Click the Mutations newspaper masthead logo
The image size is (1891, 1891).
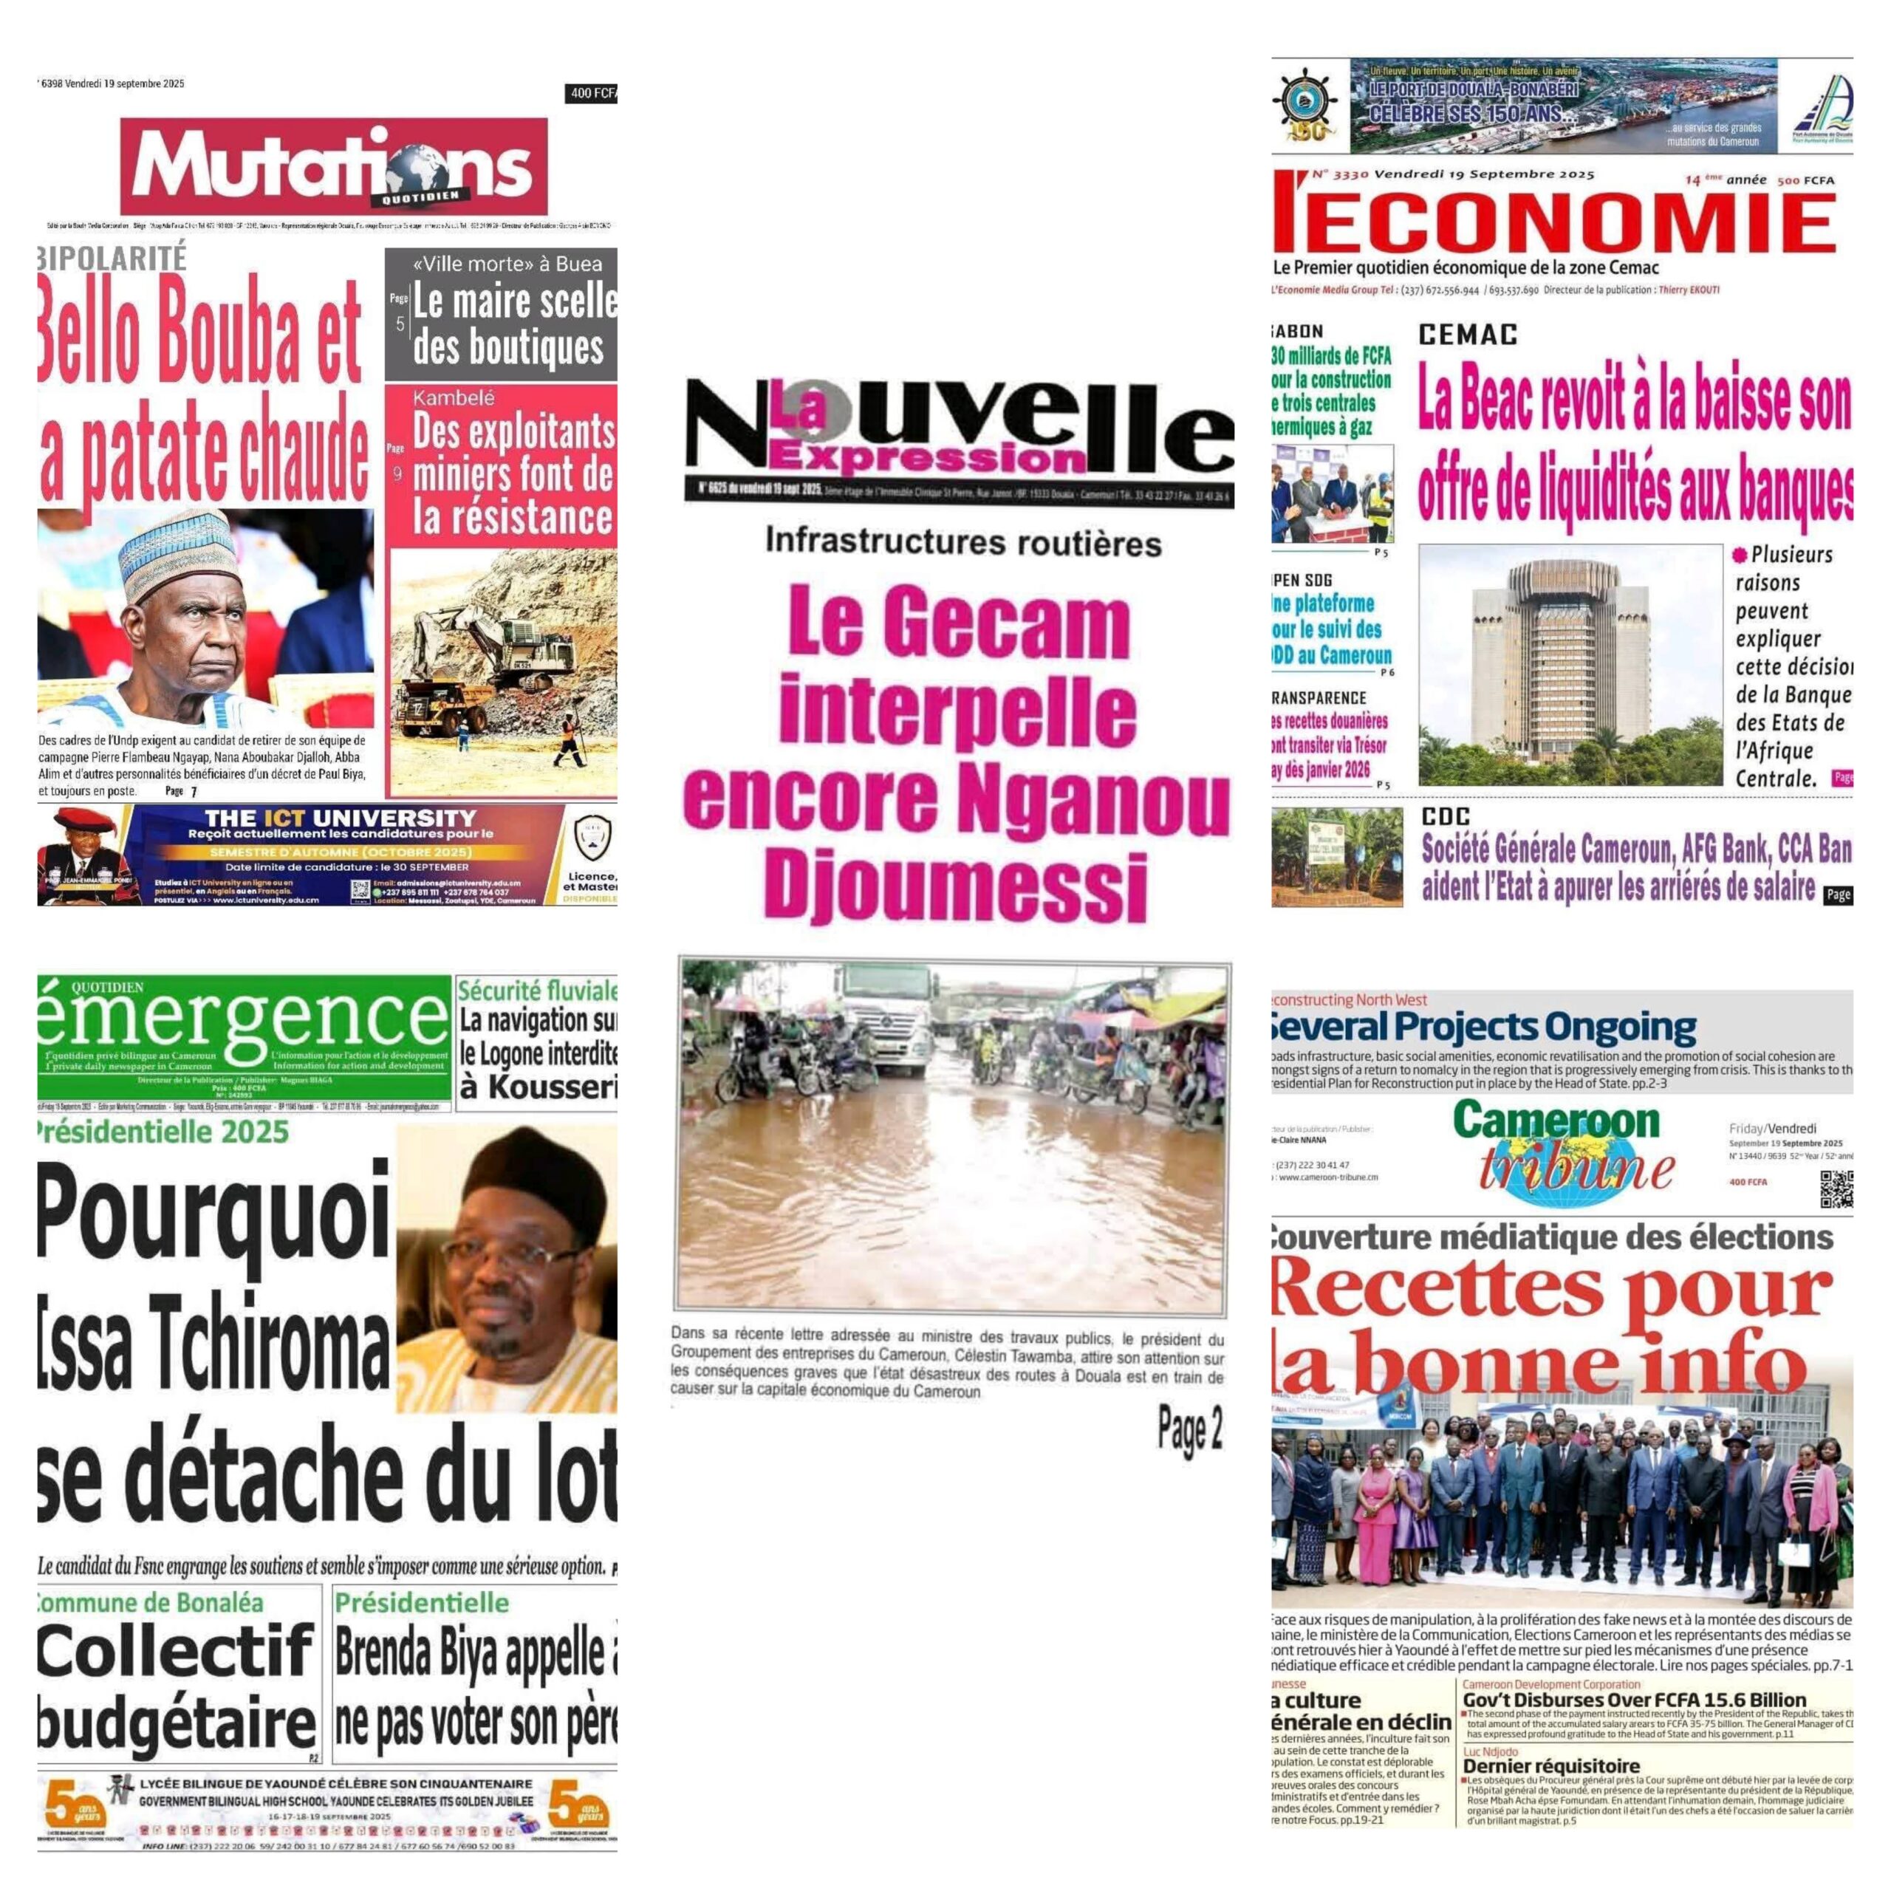click(x=334, y=166)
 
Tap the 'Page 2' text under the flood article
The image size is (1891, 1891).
click(x=1189, y=1430)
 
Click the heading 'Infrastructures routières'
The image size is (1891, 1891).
click(x=963, y=542)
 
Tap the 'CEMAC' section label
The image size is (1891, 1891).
click(x=1468, y=335)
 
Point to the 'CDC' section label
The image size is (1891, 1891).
click(x=1446, y=816)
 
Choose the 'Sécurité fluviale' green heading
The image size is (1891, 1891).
click(x=537, y=990)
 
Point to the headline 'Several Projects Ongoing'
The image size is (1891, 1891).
click(x=1482, y=1027)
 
